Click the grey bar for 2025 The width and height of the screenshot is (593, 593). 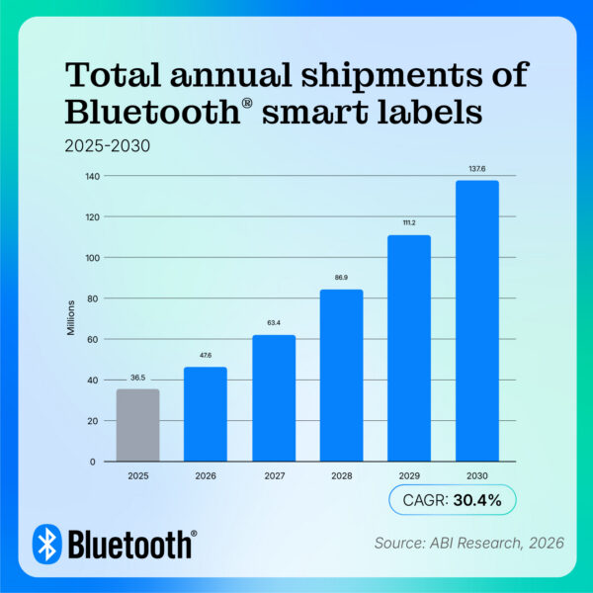click(137, 425)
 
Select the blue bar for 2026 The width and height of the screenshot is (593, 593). click(206, 414)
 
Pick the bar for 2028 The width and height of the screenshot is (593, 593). click(341, 376)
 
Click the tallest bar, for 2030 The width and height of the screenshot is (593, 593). click(477, 320)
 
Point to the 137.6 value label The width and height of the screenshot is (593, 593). click(477, 170)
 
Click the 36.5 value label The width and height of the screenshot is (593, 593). click(137, 377)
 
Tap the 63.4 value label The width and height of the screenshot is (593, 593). click(274, 321)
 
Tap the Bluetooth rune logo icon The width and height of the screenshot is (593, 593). click(46, 543)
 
